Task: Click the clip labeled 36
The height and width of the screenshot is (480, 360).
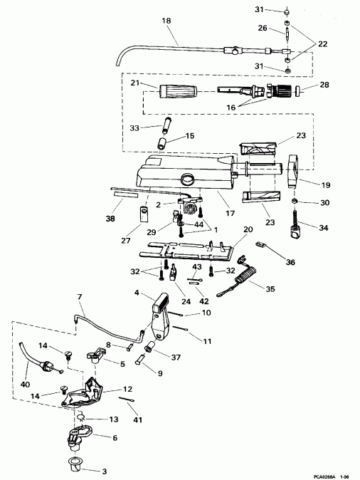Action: point(261,245)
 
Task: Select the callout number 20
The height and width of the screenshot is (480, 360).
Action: point(248,230)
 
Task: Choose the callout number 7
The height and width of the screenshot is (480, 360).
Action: point(80,296)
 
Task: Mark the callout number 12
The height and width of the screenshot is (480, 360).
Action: point(128,389)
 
